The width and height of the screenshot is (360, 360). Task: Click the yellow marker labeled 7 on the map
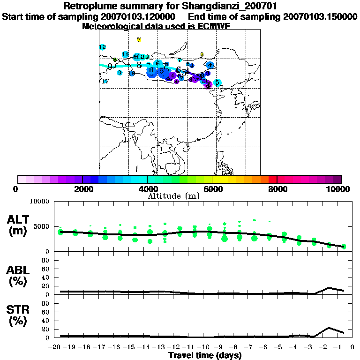tap(139, 40)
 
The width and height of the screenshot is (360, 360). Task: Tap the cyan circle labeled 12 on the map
tap(102, 47)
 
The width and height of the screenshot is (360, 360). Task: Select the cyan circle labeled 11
tap(125, 54)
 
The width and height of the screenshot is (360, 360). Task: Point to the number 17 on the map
tap(105, 82)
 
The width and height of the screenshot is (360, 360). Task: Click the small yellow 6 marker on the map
tap(202, 54)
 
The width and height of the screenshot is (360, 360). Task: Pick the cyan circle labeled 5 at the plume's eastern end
tap(217, 82)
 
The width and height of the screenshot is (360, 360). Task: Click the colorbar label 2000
tap(82, 189)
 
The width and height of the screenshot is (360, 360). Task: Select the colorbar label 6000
tap(212, 189)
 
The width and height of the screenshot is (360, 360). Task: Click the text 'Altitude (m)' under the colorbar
tap(174, 196)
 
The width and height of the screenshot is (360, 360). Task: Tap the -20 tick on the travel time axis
tap(56, 347)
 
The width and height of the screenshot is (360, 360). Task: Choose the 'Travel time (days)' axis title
tap(205, 356)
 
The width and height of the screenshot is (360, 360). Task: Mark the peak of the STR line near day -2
tap(329, 328)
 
